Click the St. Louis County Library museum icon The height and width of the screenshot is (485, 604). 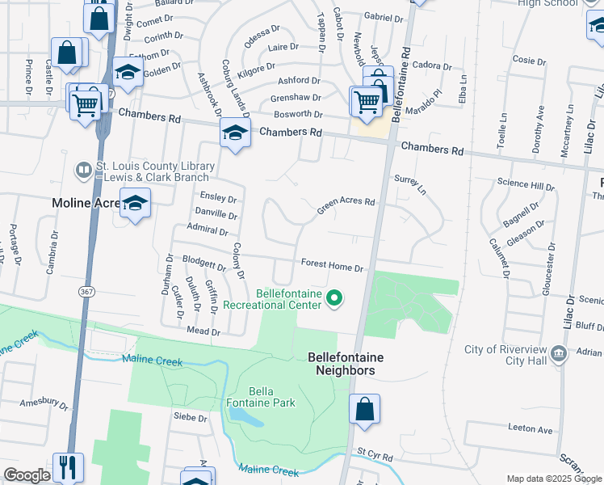coord(83,171)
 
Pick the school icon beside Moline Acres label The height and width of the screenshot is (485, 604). coord(135,204)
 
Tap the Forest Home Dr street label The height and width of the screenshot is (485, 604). coord(333,264)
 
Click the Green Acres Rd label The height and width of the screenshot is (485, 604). coord(346,206)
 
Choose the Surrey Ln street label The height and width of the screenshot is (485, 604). coord(410,185)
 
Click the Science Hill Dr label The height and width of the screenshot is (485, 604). coord(526,185)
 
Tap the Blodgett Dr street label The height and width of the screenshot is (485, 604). coord(204,264)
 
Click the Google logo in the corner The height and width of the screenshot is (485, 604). coord(27,475)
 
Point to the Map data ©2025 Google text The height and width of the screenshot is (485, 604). coord(553,479)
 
